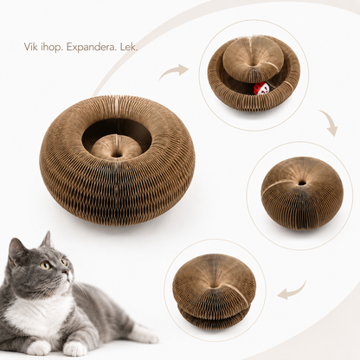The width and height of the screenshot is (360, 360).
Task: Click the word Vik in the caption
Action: tap(29, 47)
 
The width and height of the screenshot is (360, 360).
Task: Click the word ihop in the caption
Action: tap(50, 48)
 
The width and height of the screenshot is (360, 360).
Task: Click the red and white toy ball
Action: tap(261, 88)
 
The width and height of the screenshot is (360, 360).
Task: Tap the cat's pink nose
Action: tap(69, 271)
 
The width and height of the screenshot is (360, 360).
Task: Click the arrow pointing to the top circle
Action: tap(174, 71)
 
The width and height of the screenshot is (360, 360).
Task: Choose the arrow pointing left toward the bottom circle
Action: tap(292, 291)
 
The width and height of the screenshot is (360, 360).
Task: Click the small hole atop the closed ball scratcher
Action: tap(302, 183)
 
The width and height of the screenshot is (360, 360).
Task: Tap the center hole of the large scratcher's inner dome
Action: tap(117, 155)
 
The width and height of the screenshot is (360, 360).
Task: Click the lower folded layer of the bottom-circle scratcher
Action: tap(214, 317)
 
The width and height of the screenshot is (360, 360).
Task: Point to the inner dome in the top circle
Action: tap(253, 55)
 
